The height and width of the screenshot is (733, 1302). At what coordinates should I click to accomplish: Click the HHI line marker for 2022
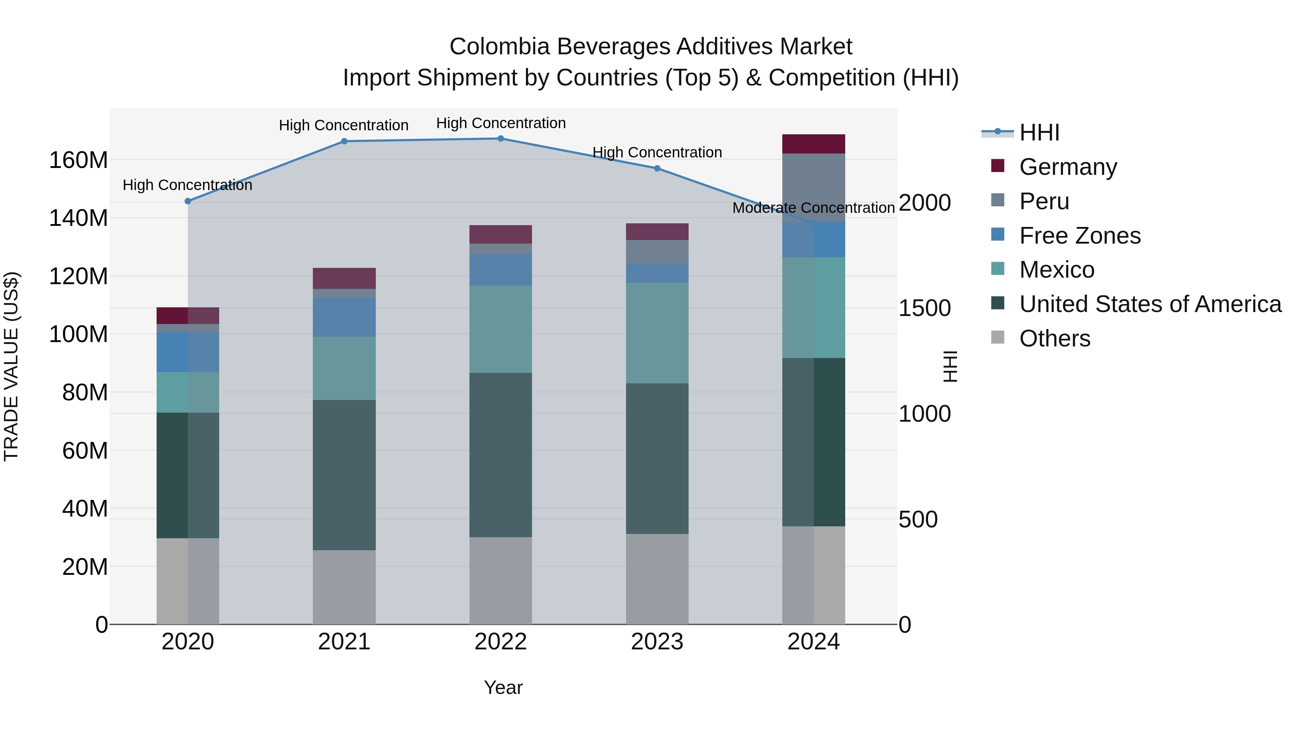(501, 139)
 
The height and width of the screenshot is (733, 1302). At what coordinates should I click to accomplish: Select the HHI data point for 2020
(188, 201)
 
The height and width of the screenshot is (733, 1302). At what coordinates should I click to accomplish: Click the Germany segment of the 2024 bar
(813, 144)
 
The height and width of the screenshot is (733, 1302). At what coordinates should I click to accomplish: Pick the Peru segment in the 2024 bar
(813, 187)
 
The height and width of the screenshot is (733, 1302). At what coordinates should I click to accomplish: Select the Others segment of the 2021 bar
(344, 587)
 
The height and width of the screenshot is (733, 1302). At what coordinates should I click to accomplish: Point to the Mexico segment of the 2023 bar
(657, 333)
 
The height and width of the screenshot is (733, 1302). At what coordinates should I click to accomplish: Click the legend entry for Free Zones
(1079, 236)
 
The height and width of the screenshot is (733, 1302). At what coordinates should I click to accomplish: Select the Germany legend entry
(1068, 167)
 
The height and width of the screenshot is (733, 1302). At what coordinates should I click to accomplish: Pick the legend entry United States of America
(1150, 304)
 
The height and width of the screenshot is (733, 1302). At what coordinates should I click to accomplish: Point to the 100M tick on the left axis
(78, 334)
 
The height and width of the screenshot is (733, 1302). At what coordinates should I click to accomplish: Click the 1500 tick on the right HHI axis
(924, 308)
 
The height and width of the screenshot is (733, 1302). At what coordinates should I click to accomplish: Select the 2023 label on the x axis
(657, 642)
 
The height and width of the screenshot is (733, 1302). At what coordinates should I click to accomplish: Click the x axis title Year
(503, 687)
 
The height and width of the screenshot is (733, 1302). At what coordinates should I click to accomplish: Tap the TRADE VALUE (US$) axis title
(11, 366)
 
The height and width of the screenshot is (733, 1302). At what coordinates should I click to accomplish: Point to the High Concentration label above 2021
(344, 126)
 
